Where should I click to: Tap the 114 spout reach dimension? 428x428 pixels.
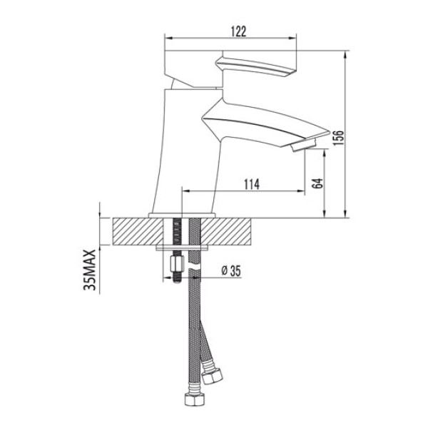tap(250, 184)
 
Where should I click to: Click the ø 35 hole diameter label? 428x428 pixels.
tap(232, 270)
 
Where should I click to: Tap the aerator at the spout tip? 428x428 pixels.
tap(304, 146)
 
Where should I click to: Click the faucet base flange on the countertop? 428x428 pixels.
tap(181, 214)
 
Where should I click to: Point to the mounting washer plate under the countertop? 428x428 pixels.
tap(181, 248)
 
